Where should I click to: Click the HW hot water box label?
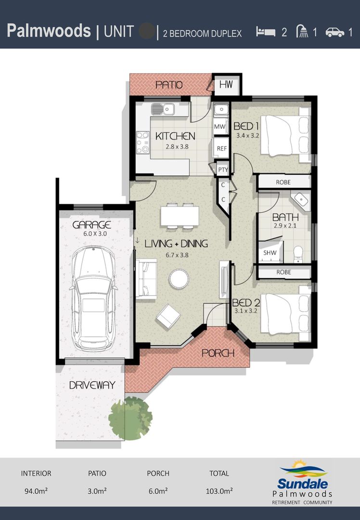[226, 85]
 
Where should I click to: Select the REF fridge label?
[221, 148]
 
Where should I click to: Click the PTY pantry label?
[222, 169]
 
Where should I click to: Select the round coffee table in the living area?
[179, 278]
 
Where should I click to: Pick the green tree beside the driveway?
[130, 417]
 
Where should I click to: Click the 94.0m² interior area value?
[36, 491]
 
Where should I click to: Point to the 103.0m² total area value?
[219, 491]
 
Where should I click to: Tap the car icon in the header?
[334, 32]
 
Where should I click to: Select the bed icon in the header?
[266, 32]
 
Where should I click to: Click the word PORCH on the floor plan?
[218, 353]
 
